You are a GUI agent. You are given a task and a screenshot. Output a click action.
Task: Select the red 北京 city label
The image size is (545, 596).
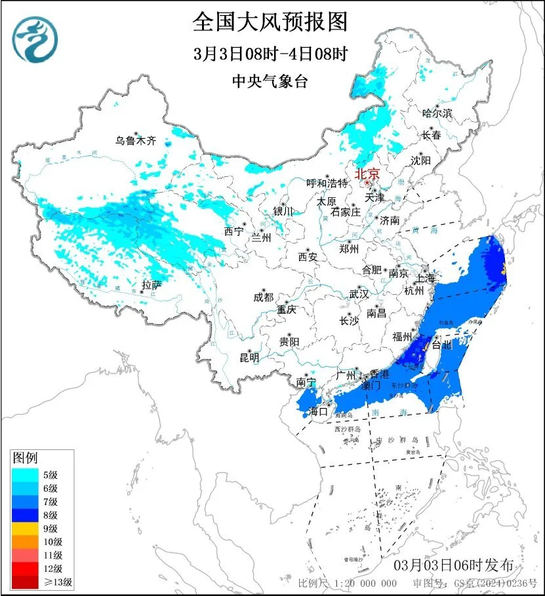[x=367, y=174]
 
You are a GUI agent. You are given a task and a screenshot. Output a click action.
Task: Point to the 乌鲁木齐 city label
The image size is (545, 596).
[x=136, y=140]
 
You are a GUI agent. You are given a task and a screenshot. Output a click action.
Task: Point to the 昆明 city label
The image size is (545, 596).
[x=249, y=358]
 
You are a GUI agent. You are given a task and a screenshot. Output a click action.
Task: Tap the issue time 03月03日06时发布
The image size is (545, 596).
[x=458, y=565]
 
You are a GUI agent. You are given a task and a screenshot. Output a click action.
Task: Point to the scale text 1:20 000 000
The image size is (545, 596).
[x=365, y=584]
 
